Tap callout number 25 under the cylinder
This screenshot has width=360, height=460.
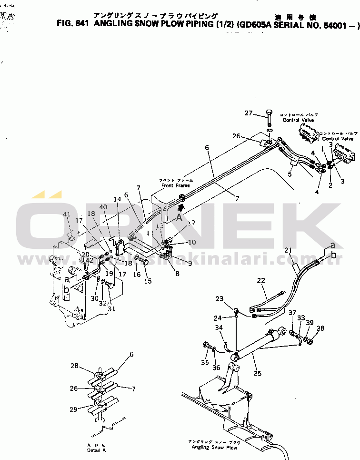(x=258, y=373)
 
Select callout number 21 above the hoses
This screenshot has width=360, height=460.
(x=288, y=251)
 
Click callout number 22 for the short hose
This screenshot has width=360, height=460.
(x=260, y=281)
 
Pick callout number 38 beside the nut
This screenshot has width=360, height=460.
(x=320, y=328)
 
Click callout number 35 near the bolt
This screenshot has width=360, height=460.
(x=205, y=362)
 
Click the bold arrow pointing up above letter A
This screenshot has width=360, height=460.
(x=180, y=208)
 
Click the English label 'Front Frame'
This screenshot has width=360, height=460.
(x=175, y=185)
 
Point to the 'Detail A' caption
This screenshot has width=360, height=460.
(x=97, y=450)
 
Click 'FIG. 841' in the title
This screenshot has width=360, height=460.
(x=72, y=23)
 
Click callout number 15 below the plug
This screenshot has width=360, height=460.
(x=148, y=281)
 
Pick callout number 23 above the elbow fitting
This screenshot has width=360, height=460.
(x=219, y=299)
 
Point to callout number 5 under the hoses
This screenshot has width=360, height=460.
(x=289, y=174)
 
